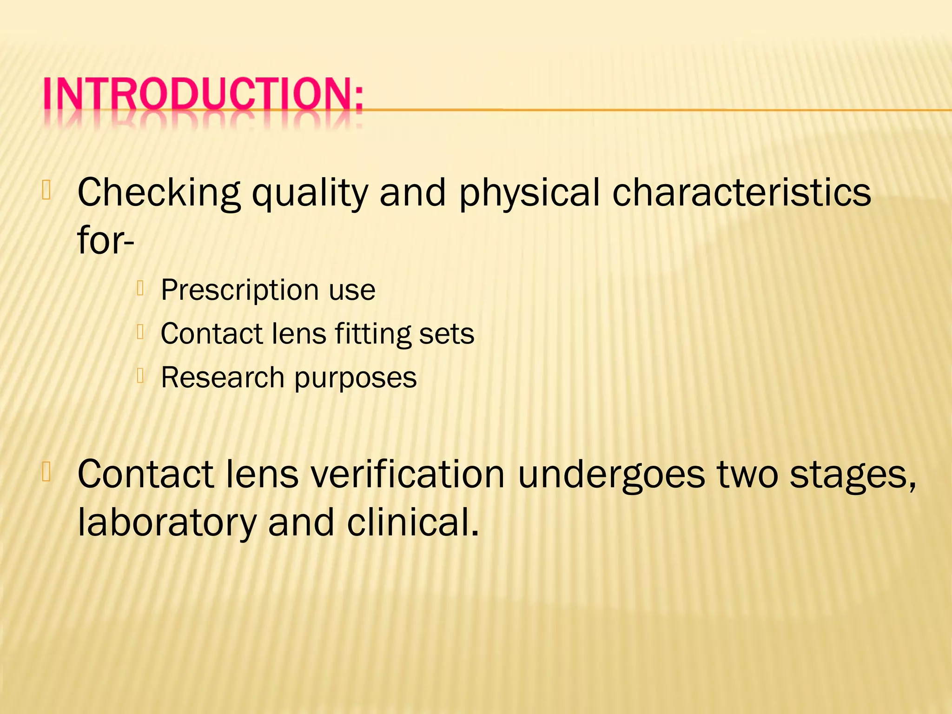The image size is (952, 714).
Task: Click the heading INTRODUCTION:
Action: tap(203, 96)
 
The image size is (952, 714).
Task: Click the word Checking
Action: tap(159, 193)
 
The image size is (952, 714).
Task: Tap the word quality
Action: tap(310, 193)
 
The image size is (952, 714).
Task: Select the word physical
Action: tap(529, 193)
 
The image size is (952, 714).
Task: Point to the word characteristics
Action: tap(741, 192)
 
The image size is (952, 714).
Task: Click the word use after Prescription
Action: tap(352, 290)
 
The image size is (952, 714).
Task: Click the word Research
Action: tap(222, 377)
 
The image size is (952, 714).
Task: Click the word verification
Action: tap(408, 474)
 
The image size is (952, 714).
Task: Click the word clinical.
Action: tap(413, 522)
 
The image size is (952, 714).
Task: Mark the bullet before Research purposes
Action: tap(141, 375)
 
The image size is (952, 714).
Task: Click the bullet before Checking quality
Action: tap(46, 190)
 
